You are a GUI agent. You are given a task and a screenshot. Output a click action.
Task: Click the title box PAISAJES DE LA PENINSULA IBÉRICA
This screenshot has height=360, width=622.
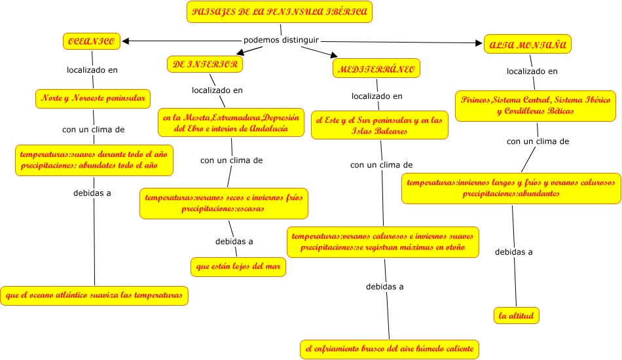280,12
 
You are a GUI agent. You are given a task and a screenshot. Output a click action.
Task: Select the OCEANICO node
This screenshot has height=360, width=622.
92,41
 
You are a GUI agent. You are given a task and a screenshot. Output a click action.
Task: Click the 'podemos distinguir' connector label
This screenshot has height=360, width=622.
281,40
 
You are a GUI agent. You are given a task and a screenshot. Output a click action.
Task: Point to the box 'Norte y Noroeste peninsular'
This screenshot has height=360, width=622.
93,99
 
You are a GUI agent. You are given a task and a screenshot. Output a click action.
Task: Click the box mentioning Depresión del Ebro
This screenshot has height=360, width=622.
231,122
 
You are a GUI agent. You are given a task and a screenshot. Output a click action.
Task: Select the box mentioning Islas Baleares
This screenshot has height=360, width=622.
380,124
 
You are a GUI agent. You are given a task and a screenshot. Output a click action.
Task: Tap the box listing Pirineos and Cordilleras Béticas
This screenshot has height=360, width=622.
535,106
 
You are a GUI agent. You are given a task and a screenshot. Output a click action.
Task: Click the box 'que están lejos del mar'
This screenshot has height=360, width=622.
238,267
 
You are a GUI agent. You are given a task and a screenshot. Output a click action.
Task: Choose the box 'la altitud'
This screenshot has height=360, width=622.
517,316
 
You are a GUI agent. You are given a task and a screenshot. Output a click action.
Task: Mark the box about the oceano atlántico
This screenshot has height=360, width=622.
95,295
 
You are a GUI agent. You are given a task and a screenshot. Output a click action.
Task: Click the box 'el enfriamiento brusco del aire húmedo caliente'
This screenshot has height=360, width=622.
390,349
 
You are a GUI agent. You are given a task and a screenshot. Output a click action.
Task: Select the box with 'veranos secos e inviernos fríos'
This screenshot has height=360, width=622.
223,203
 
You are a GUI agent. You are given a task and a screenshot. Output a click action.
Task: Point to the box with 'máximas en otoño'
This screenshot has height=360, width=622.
383,242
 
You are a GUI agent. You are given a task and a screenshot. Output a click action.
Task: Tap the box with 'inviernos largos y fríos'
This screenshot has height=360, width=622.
511,188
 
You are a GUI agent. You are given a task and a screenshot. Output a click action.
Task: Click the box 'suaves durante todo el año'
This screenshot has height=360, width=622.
95,160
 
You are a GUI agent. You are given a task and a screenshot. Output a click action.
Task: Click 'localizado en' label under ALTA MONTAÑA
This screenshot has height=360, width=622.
532,71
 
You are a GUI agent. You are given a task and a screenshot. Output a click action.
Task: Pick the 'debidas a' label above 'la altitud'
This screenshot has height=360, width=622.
513,252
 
